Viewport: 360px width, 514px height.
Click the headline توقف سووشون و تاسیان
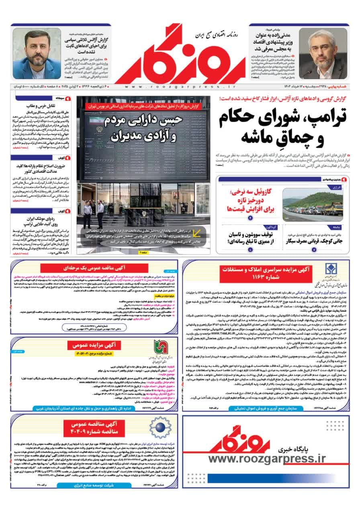[x=249, y=238]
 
